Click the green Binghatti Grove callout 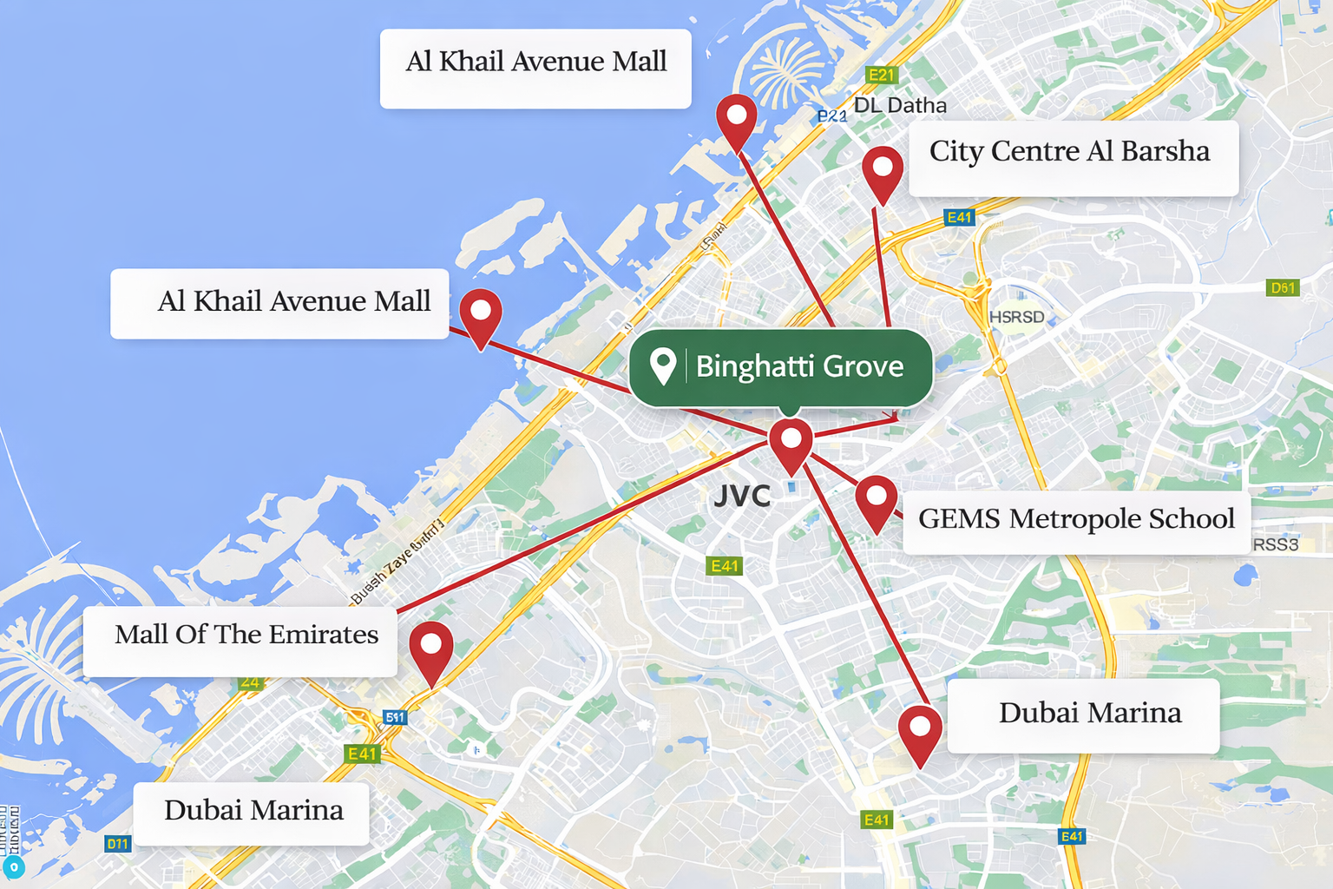(x=781, y=367)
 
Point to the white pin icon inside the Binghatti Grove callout (x=663, y=365)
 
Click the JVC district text (x=742, y=497)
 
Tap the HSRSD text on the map (x=1016, y=318)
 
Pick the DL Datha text (x=900, y=106)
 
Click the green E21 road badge (x=881, y=76)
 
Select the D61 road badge (x=1283, y=288)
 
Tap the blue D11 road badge (x=117, y=843)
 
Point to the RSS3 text (x=1275, y=545)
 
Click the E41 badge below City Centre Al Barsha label (x=959, y=217)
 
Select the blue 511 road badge (x=395, y=717)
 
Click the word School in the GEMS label (x=1191, y=519)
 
